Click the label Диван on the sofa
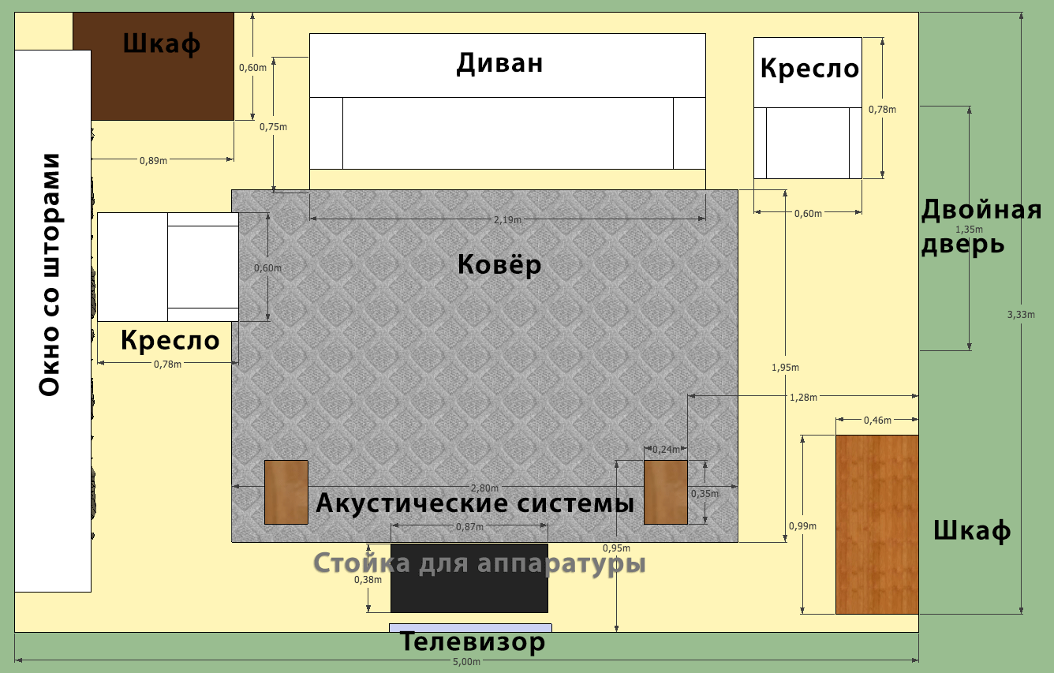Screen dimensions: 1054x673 [499, 63]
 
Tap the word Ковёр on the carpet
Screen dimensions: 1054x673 [499, 264]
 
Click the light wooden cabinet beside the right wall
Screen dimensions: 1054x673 [877, 525]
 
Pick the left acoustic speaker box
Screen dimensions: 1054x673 [286, 492]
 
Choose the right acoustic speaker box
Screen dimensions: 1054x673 [666, 492]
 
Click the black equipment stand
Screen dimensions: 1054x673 [469, 578]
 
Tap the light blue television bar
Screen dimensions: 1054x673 [470, 628]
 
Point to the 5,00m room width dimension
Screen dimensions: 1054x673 [466, 662]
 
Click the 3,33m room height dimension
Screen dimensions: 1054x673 [1021, 314]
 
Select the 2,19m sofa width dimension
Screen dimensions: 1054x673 [507, 219]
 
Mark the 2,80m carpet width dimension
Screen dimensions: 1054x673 [484, 488]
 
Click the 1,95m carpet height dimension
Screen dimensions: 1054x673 [785, 367]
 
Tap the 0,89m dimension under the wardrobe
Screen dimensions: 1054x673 [153, 160]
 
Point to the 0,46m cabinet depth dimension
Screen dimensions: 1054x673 [877, 420]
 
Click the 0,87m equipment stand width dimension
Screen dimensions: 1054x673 [469, 526]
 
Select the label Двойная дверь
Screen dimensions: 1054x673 [981, 227]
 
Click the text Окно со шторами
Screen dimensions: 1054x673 [50, 275]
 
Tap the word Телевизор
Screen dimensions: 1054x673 [472, 642]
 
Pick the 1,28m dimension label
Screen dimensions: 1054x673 [803, 397]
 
